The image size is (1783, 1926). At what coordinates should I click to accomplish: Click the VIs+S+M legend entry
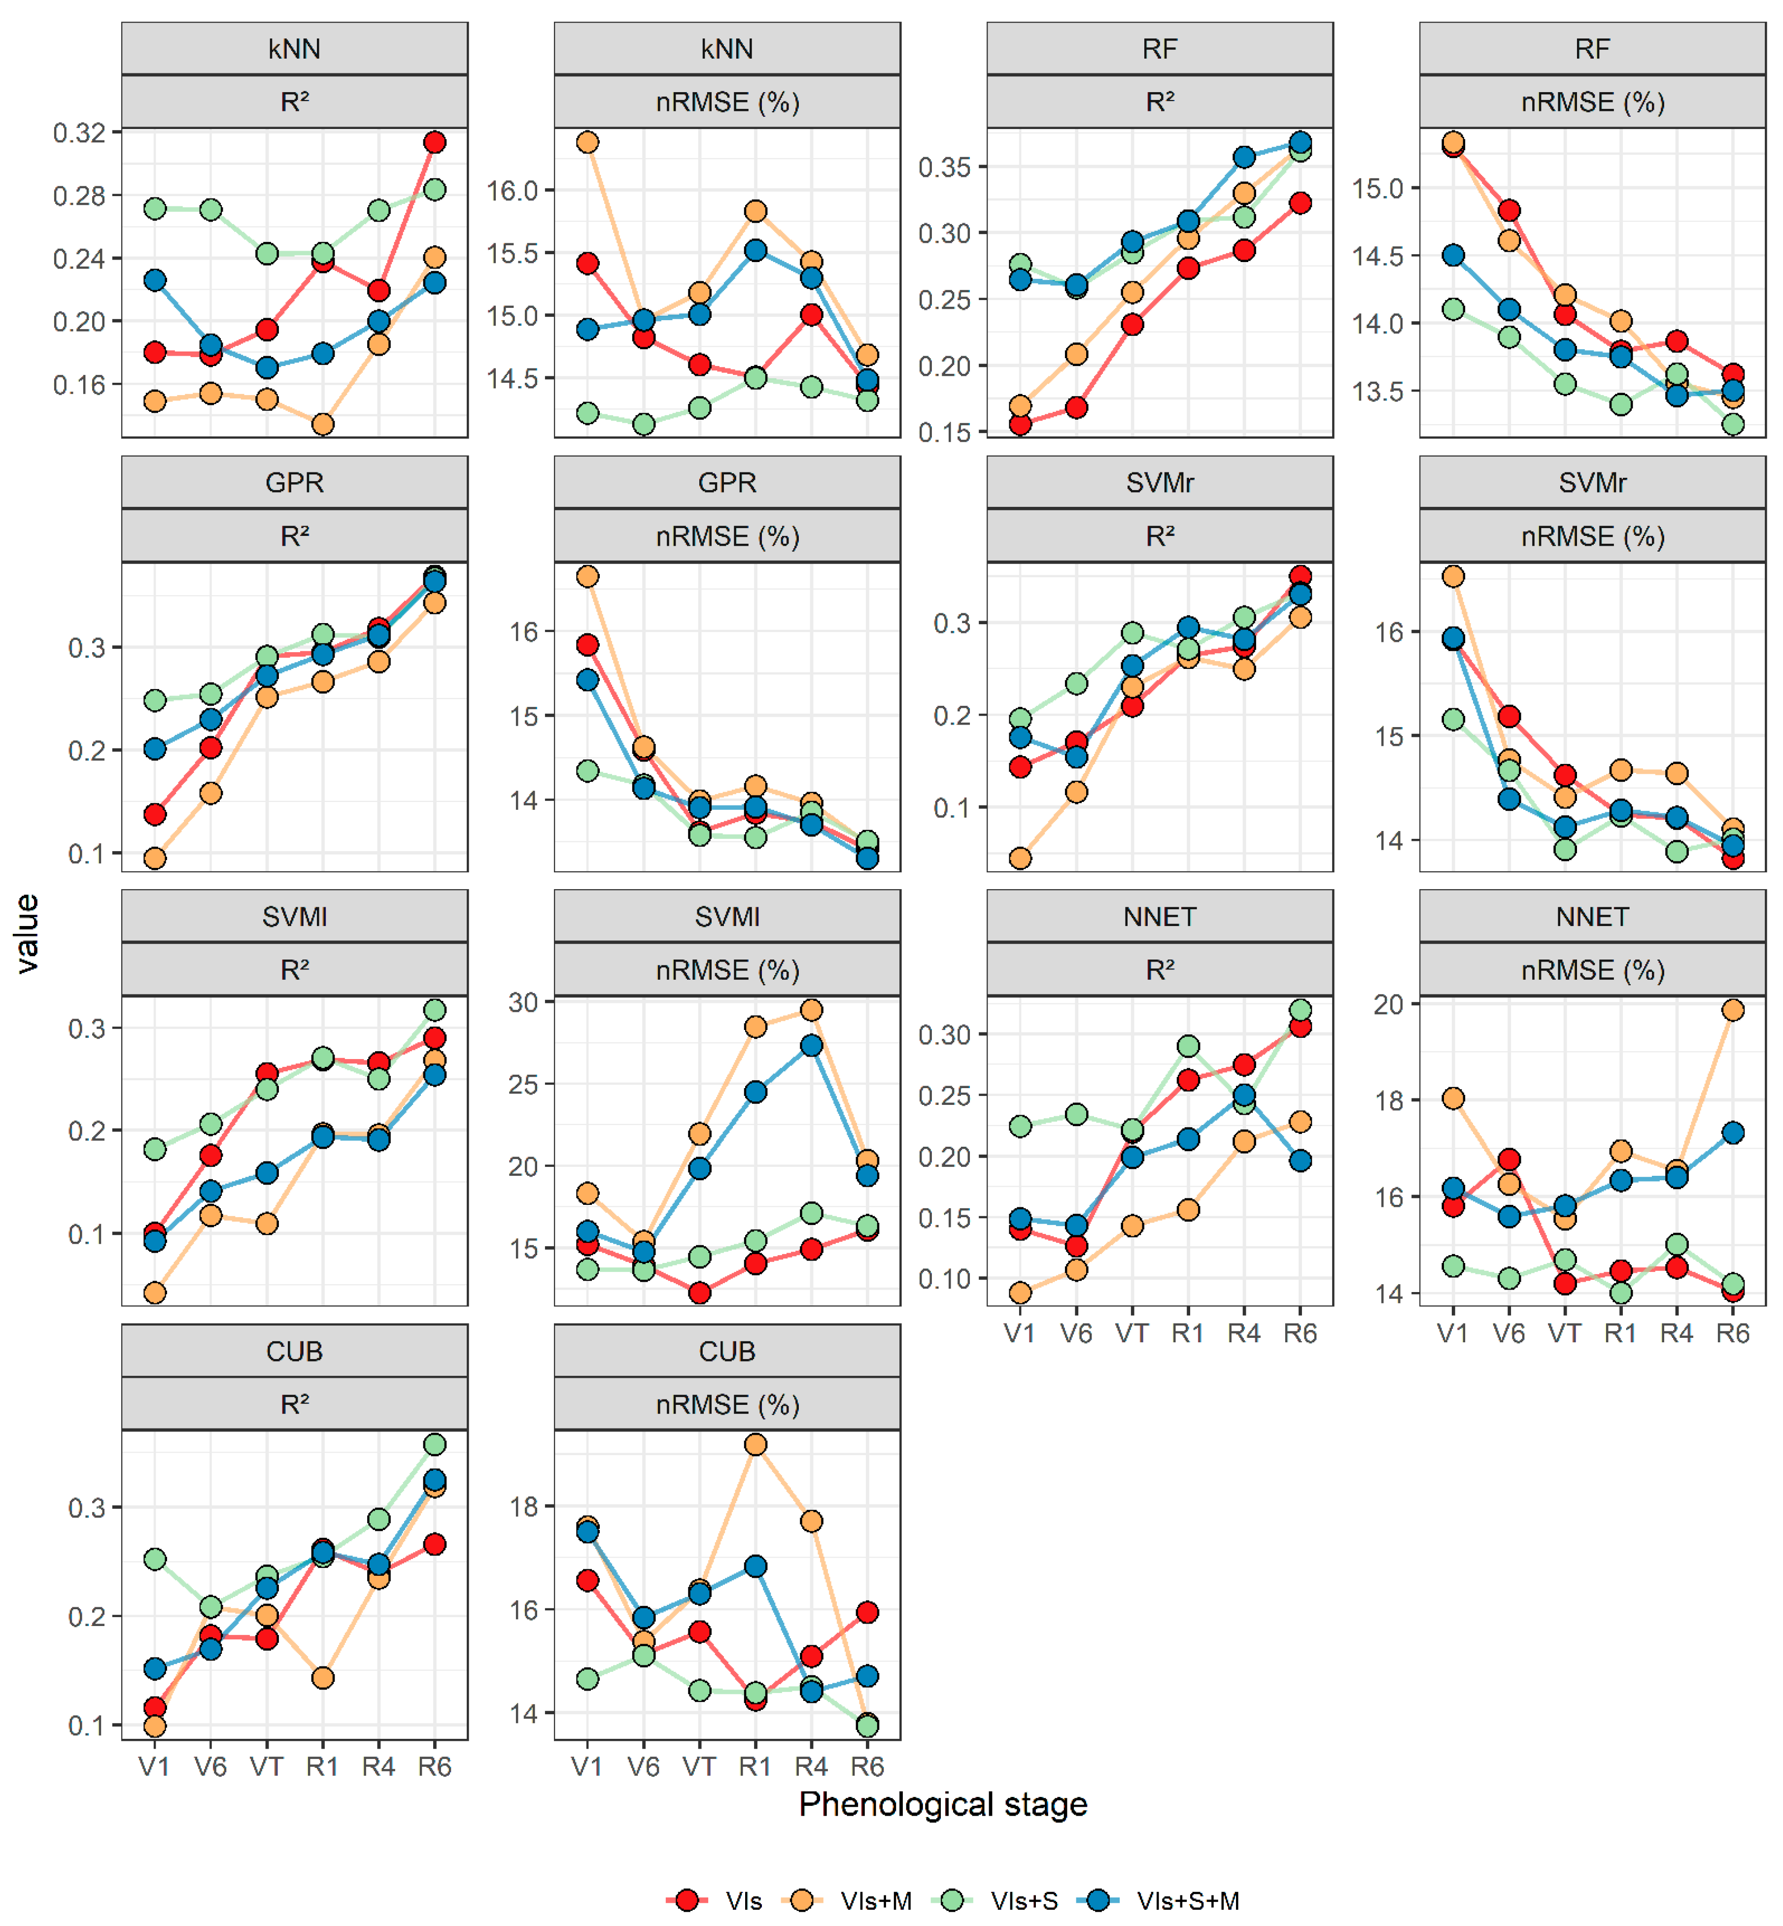[1187, 1900]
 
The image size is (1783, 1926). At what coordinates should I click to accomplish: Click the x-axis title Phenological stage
[943, 1803]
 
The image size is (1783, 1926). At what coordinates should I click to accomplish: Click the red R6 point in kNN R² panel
[435, 142]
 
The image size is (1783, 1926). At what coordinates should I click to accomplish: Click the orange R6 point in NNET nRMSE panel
[1733, 1010]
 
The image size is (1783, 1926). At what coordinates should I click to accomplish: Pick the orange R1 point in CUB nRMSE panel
[755, 1444]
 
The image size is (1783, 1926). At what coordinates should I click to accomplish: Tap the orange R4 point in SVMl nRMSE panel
[812, 1010]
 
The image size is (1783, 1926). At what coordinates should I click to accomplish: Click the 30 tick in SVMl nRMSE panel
[524, 1002]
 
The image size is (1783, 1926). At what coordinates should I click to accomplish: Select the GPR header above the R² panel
[294, 482]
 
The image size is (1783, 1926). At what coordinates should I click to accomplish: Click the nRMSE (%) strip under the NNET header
[1592, 969]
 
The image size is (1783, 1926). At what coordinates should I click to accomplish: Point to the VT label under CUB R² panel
[266, 1766]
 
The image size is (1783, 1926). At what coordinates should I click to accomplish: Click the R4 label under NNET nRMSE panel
[1677, 1333]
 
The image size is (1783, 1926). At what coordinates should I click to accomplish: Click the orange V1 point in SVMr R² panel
[1020, 858]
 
